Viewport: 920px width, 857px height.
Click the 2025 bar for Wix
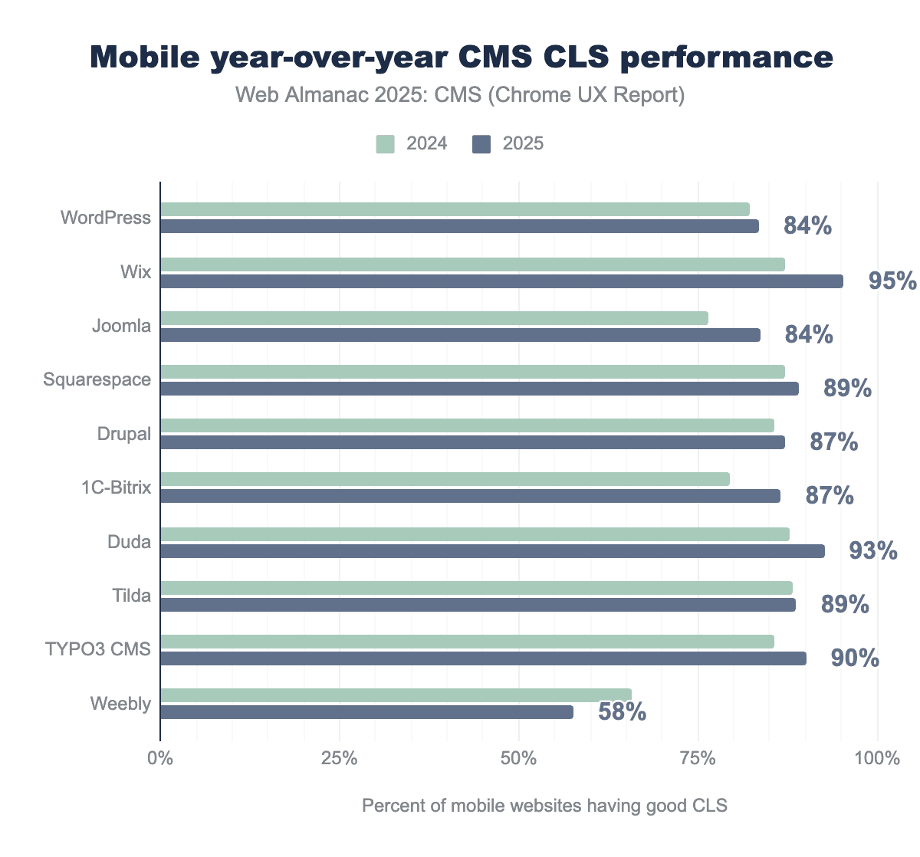pyautogui.click(x=501, y=281)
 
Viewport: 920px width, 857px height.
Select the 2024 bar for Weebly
pyautogui.click(x=396, y=695)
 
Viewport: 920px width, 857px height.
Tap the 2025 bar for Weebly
pyautogui.click(x=366, y=712)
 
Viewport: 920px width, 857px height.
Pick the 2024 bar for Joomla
pyautogui.click(x=434, y=318)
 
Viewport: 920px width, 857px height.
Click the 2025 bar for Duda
pyautogui.click(x=492, y=551)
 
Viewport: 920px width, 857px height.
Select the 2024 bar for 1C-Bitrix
pyautogui.click(x=445, y=479)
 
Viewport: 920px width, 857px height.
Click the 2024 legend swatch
pyautogui.click(x=385, y=144)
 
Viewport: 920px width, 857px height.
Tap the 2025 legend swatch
pyautogui.click(x=481, y=144)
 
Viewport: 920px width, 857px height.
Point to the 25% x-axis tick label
pyautogui.click(x=339, y=759)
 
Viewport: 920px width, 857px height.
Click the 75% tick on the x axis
pyautogui.click(x=698, y=759)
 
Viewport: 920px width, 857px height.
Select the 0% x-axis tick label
pyautogui.click(x=160, y=759)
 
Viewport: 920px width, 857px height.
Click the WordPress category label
pyautogui.click(x=106, y=218)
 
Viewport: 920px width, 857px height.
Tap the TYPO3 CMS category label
pyautogui.click(x=97, y=650)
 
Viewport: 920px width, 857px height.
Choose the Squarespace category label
pyautogui.click(x=97, y=379)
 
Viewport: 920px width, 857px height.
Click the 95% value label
pyautogui.click(x=892, y=281)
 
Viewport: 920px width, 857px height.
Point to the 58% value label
pyautogui.click(x=622, y=712)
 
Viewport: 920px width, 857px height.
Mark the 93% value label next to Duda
pyautogui.click(x=873, y=551)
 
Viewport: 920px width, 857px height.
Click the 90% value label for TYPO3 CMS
pyautogui.click(x=855, y=658)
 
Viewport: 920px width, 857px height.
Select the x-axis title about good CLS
pyautogui.click(x=544, y=806)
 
